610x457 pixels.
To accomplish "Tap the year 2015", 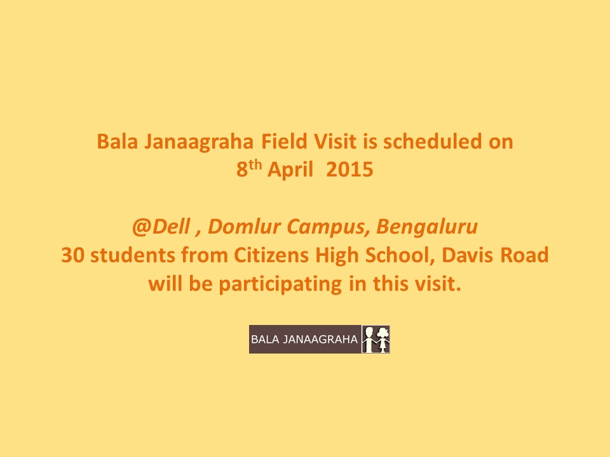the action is [x=349, y=169].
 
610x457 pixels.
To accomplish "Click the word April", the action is [x=290, y=170].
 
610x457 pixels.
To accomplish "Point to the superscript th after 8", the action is [x=255, y=165].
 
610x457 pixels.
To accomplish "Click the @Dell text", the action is [x=161, y=227].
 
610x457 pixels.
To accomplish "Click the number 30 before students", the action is [x=72, y=256].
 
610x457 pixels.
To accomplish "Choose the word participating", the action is [x=280, y=284].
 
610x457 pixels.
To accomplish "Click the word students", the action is [x=133, y=255].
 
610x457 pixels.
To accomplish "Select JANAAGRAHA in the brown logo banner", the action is [x=320, y=339].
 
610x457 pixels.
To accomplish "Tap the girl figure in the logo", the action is [x=383, y=339].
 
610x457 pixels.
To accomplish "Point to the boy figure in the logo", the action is [x=369, y=339].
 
